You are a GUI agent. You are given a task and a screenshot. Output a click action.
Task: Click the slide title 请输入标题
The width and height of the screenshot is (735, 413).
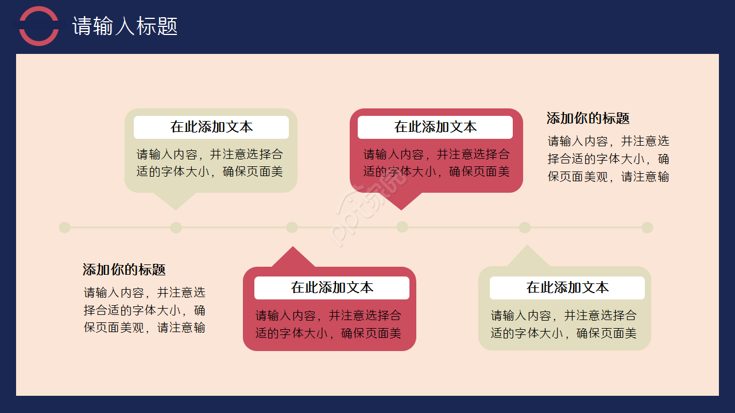[x=125, y=26]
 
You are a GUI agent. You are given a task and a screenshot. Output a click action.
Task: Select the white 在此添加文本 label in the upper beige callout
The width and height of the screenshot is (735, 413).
[x=211, y=127]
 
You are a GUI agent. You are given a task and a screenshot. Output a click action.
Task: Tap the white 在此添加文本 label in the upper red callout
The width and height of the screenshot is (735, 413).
[x=435, y=127]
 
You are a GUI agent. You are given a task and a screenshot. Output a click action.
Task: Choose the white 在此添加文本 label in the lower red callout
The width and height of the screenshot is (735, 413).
[x=332, y=288]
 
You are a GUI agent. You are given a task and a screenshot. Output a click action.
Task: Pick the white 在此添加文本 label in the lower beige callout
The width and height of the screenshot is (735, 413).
[x=567, y=288]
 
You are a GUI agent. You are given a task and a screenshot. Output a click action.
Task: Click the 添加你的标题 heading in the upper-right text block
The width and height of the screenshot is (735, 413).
[x=588, y=119]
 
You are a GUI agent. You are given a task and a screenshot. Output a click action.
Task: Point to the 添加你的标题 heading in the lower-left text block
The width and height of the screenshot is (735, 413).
[x=124, y=270]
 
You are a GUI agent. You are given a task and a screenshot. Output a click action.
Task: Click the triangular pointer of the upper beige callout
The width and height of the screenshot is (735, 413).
[x=176, y=200]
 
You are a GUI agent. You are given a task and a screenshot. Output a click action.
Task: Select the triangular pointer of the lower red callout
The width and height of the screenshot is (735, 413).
[x=293, y=258]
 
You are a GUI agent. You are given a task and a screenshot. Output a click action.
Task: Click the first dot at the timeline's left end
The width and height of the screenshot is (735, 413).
[x=65, y=228]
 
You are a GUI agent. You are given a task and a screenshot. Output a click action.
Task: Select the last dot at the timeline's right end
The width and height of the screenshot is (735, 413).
[x=647, y=228]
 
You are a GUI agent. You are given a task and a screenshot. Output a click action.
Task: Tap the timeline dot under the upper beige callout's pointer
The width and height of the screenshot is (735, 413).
[x=176, y=228]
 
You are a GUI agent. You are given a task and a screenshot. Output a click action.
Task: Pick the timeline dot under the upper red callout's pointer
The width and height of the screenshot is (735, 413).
[x=402, y=227]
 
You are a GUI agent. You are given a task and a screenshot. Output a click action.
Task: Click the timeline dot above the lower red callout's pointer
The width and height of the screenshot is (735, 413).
[x=292, y=228]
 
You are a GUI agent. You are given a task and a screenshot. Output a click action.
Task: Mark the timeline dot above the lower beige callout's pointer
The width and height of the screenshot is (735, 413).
[x=525, y=228]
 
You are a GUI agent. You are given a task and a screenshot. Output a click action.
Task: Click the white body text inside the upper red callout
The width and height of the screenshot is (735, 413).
[x=436, y=163]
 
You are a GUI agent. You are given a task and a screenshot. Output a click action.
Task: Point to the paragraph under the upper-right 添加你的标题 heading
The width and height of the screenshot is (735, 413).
[x=608, y=159]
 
